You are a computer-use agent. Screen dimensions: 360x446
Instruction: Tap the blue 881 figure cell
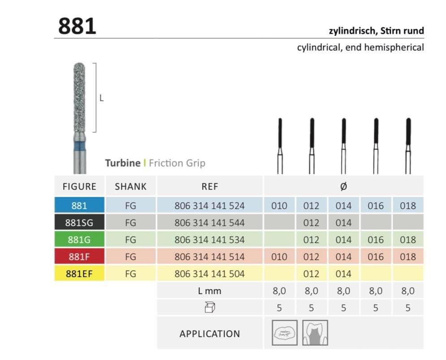[x=79, y=206]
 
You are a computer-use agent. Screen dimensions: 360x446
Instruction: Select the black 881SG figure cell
[x=79, y=223]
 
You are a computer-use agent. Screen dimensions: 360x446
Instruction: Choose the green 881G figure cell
[x=79, y=240]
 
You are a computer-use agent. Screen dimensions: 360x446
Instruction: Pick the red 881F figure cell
[x=79, y=257]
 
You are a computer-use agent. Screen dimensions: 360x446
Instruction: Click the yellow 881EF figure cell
[x=79, y=274]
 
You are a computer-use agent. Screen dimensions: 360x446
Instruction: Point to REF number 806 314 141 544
[x=209, y=223]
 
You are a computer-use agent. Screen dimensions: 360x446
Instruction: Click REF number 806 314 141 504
[x=209, y=274]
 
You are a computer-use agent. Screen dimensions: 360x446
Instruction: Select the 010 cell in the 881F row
[x=279, y=257]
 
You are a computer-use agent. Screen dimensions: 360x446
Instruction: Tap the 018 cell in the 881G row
[x=407, y=240]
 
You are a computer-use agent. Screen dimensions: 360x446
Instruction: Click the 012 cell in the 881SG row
[x=311, y=223]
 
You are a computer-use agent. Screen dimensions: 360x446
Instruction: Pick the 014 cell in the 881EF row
[x=343, y=274]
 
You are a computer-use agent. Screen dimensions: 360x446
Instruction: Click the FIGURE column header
[x=79, y=187]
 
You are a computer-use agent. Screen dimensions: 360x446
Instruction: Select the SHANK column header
[x=130, y=187]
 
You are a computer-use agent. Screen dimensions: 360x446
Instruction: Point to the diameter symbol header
[x=343, y=187]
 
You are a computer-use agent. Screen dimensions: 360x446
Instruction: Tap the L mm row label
[x=209, y=291]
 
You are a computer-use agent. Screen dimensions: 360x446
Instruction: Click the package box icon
[x=209, y=308]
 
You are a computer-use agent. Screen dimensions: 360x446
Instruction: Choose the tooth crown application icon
[x=315, y=333]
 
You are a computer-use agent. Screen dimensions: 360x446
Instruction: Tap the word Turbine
[x=123, y=163]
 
